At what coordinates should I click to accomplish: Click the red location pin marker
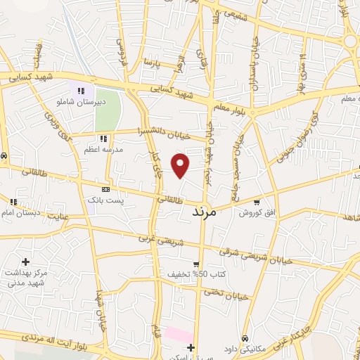point(181,165)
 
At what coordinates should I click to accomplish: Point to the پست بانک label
point(105,200)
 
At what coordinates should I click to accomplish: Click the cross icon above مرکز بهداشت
point(26,262)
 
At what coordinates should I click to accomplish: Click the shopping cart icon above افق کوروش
point(257,200)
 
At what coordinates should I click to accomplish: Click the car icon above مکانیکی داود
point(244,337)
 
